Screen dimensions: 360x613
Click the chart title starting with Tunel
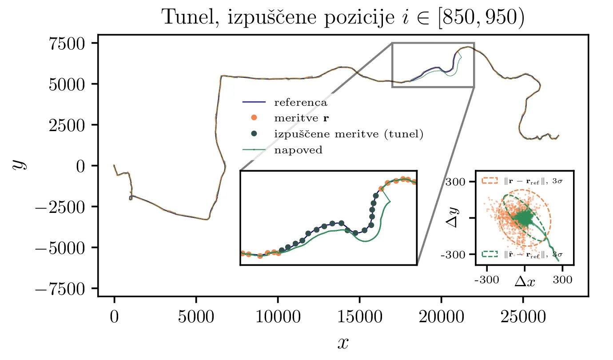pyautogui.click(x=343, y=18)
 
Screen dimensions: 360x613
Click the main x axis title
pyautogui.click(x=343, y=342)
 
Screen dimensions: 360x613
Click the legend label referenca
pyautogui.click(x=301, y=103)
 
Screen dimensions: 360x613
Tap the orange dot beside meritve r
pyautogui.click(x=254, y=118)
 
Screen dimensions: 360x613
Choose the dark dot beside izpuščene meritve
pyautogui.click(x=254, y=134)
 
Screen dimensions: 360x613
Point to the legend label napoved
pyautogui.click(x=298, y=150)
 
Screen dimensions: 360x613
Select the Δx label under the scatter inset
pyautogui.click(x=525, y=281)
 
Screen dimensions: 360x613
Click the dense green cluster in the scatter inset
pyautogui.click(x=525, y=218)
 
